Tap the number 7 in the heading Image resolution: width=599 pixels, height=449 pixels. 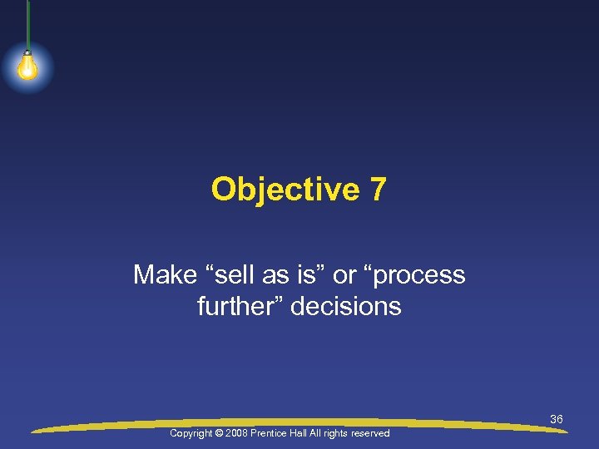378,190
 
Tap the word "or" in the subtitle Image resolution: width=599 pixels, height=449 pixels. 344,275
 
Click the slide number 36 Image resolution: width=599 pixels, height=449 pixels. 557,419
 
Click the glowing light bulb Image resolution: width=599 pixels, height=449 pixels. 27,67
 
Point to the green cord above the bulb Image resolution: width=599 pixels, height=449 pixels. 27,25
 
